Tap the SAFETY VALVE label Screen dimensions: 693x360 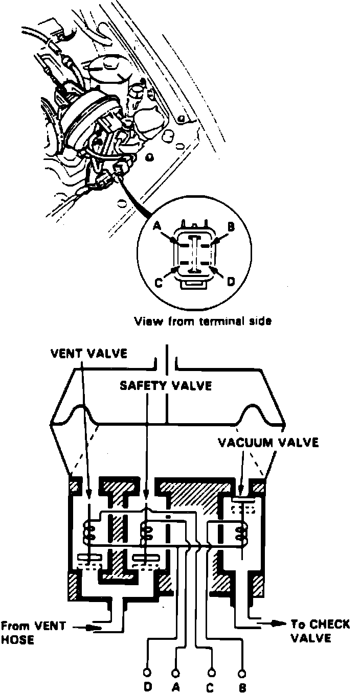click(166, 385)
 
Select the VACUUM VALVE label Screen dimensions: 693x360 click(268, 442)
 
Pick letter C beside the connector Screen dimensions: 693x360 click(160, 282)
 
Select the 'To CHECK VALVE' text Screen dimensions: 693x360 click(320, 630)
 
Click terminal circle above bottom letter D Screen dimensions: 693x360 click(148, 673)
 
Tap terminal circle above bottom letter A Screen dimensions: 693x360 click(176, 673)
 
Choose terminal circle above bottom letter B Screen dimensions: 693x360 click(242, 673)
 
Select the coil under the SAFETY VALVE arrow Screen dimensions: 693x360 click(147, 532)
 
